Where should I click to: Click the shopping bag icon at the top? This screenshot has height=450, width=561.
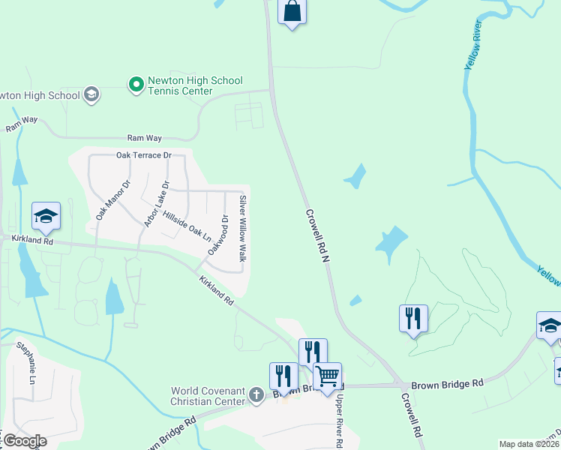click(292, 12)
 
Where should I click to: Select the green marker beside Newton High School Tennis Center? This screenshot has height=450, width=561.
click(136, 85)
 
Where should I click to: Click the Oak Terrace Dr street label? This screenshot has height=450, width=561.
click(144, 155)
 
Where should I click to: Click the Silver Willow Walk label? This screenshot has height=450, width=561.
click(242, 228)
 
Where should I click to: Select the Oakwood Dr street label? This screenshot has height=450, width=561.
click(217, 234)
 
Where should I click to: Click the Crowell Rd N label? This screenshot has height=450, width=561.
click(318, 235)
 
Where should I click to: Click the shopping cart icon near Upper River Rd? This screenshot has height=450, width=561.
click(327, 375)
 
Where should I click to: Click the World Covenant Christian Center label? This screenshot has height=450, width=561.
click(208, 396)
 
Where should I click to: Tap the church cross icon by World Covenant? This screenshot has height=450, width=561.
click(256, 394)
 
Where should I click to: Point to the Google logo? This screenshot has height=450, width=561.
click(24, 440)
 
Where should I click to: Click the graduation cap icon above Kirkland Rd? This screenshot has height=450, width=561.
click(46, 216)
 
